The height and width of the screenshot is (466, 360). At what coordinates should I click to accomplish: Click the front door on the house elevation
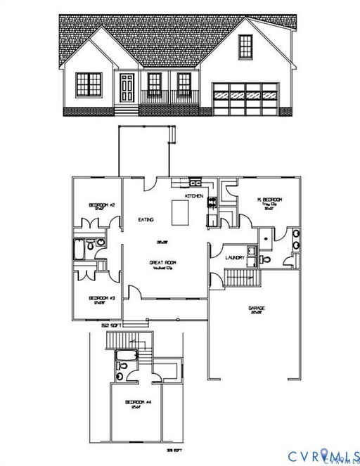127,88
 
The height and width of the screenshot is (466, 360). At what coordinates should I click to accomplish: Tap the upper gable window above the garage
245,46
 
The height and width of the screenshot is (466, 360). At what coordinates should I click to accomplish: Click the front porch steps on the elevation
125,110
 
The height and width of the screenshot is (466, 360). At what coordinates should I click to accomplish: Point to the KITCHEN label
194,195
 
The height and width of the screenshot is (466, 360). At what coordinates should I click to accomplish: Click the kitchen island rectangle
181,211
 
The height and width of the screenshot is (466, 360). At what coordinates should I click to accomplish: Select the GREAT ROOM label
161,262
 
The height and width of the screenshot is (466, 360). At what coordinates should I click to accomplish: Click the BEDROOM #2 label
101,205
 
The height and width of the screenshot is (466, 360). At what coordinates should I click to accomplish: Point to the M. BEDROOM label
269,200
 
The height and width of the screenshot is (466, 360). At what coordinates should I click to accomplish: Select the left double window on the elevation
89,84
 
